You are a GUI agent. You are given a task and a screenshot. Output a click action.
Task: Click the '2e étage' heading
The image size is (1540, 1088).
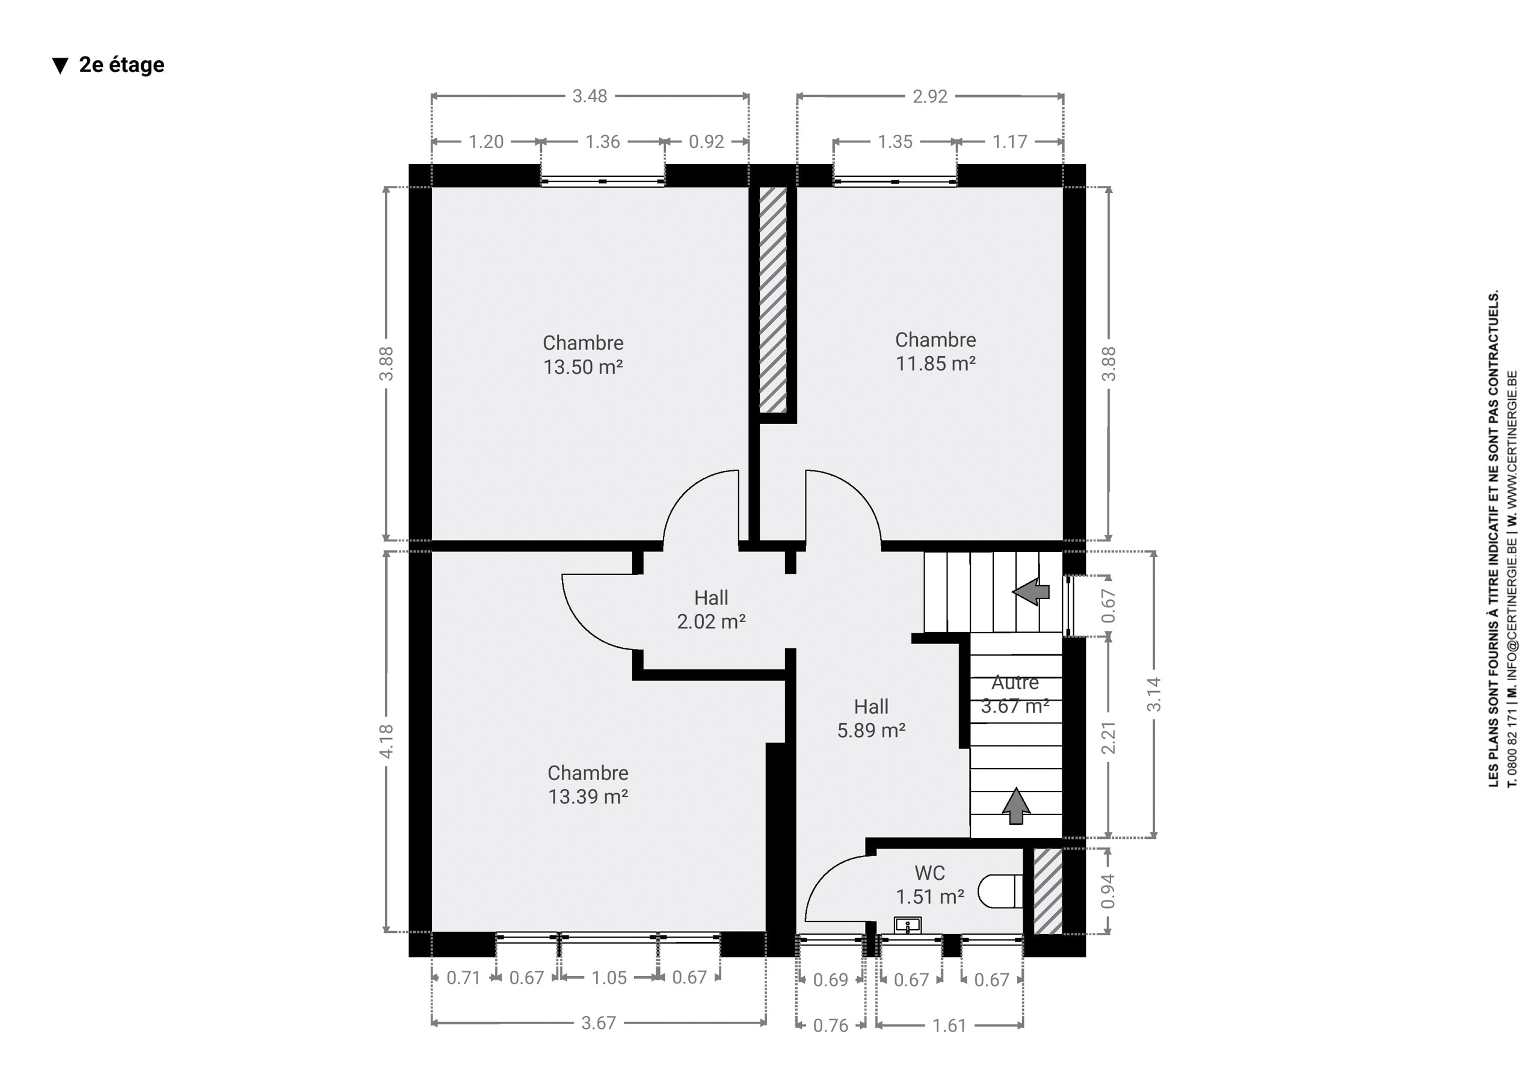point(122,65)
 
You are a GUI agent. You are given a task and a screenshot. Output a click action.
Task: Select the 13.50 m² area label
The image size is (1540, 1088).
point(583,367)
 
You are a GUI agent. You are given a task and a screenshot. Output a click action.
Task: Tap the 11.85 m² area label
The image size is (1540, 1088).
point(935,363)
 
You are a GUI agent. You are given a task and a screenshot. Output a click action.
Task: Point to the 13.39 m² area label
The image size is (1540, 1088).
point(588,796)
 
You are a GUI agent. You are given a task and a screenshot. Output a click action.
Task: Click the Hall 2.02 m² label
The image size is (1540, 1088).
point(711,609)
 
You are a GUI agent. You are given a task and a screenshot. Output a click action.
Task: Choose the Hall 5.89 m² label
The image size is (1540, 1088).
point(871,718)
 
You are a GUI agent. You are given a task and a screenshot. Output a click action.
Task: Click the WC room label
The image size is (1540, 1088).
point(929,873)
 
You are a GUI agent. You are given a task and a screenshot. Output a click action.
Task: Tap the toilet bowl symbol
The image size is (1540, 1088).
point(1000,891)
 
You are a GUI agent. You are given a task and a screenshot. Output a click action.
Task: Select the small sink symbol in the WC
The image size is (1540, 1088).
point(908,926)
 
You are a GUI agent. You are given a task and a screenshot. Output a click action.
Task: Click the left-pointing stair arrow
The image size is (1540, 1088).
point(1031,592)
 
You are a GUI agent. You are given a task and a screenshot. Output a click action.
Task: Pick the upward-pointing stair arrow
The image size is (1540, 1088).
point(1016,805)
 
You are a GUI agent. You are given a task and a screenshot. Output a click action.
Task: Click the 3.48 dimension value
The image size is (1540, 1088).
point(590,97)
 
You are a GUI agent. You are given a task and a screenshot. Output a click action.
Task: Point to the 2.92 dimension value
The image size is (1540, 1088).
point(929,97)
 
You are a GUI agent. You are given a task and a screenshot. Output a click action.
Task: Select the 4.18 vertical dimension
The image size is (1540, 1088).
point(386,742)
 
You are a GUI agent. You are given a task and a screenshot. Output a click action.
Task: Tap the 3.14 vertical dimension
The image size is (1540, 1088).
point(1154,694)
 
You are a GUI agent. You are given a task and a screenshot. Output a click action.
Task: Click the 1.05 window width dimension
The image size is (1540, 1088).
point(609,977)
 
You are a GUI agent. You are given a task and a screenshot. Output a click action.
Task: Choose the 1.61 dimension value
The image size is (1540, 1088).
point(949,1025)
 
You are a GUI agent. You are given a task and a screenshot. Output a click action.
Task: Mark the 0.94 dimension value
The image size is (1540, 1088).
point(1108,891)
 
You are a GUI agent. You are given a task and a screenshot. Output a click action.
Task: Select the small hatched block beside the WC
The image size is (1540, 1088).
point(1048,891)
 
